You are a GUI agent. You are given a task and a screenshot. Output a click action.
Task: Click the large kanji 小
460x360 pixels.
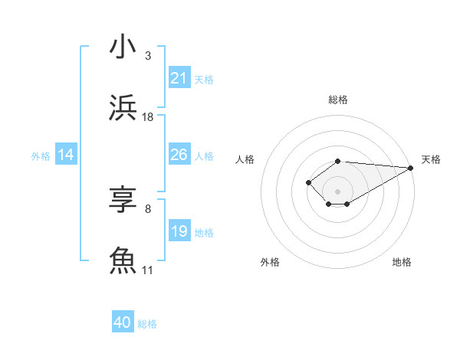coord(123,47)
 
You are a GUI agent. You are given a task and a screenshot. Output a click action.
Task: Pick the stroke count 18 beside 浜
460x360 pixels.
coord(148,117)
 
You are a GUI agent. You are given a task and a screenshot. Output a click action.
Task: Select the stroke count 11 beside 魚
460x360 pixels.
coord(148,270)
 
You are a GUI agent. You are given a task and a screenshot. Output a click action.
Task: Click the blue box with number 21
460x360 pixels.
coord(179,78)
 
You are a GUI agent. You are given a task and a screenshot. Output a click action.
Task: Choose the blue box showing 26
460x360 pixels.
coord(179,155)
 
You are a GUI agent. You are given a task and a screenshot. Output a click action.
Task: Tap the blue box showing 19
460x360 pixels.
coord(179,231)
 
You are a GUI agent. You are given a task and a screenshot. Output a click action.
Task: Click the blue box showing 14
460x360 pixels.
coord(66,155)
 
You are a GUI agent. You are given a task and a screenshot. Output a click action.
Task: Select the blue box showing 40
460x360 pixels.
coord(123,323)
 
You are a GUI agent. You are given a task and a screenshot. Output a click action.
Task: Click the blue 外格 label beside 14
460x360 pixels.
coord(41,155)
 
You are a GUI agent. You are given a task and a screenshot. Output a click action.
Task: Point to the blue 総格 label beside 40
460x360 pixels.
coord(147,324)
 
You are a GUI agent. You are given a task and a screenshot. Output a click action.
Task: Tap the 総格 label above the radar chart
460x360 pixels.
coord(338,100)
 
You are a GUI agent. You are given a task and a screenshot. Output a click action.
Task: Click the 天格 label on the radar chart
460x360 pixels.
coord(431,159)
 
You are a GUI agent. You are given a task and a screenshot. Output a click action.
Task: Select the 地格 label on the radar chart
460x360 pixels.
coord(402,262)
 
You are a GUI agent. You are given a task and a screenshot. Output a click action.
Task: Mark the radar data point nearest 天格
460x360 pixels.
coord(411,168)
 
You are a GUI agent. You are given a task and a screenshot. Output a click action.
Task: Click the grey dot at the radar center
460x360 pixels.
coord(338,191)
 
